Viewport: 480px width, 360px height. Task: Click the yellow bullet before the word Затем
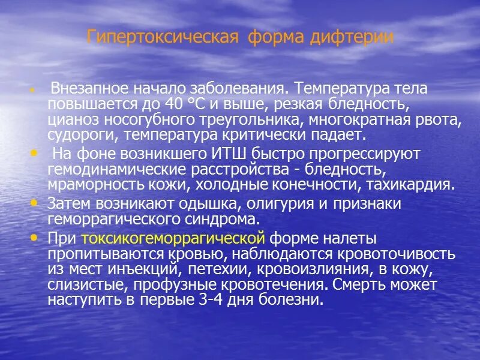pos(34,203)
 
